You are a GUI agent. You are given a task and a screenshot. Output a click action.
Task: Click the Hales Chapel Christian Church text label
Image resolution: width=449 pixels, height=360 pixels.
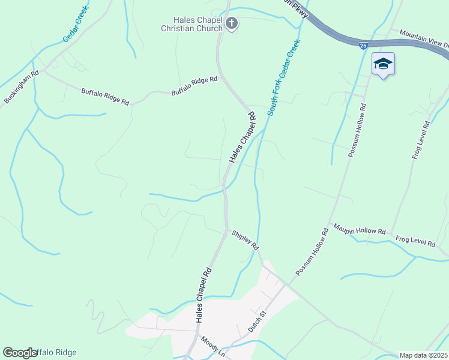(191, 24)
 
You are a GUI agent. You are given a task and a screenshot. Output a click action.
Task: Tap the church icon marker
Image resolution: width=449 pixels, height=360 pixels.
(232, 24)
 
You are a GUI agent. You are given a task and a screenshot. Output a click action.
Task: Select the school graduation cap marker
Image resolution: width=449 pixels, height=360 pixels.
(382, 64)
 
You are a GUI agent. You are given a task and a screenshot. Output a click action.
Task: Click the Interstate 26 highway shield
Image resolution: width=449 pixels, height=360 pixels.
(363, 45)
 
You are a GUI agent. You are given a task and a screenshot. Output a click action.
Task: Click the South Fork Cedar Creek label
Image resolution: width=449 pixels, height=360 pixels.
(283, 78)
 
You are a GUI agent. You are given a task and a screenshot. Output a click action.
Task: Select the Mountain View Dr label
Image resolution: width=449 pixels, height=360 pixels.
(424, 40)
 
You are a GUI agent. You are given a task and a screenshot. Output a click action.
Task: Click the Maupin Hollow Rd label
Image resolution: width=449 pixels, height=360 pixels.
(360, 229)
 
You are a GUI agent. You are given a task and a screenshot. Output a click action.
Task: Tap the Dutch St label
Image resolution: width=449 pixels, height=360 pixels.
(257, 322)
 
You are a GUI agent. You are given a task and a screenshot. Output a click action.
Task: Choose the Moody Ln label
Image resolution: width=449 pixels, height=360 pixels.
(212, 347)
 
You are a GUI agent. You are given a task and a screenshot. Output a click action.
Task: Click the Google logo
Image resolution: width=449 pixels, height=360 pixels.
(20, 353)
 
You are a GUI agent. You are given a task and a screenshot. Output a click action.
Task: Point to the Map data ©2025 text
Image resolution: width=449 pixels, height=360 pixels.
(424, 355)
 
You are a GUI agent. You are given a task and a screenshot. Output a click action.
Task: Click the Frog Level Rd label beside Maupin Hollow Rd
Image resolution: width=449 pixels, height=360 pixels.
(415, 242)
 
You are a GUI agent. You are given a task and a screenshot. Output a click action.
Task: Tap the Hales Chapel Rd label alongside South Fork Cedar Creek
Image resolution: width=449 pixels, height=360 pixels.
(243, 137)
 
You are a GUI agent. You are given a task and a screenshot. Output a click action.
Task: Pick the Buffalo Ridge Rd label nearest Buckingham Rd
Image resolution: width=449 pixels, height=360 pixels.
(105, 97)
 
